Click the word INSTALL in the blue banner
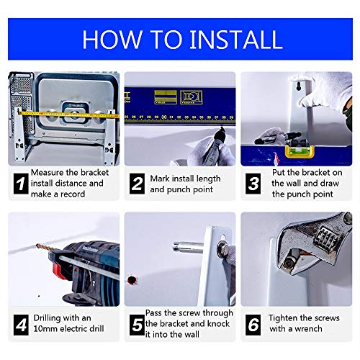tap(236, 39)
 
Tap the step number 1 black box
tap(21, 184)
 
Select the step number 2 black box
tap(137, 184)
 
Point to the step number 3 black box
tap(253, 184)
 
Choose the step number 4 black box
tap(21, 325)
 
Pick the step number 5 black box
tap(137, 325)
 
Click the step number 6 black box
tap(253, 325)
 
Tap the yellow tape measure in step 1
tap(68, 114)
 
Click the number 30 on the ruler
tap(164, 117)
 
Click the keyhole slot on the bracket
tap(298, 86)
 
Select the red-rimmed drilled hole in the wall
tap(132, 280)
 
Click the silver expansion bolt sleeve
tap(187, 248)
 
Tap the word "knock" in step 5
tap(218, 323)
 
